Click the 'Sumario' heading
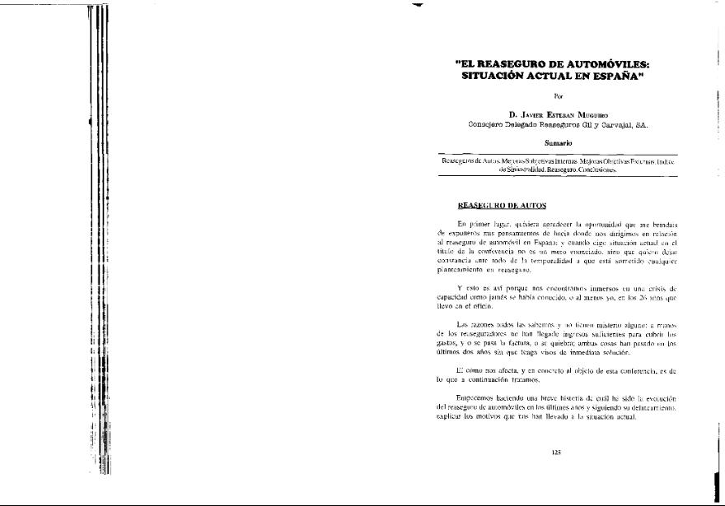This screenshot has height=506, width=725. click(x=558, y=143)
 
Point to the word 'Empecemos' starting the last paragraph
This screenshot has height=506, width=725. click(x=478, y=398)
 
